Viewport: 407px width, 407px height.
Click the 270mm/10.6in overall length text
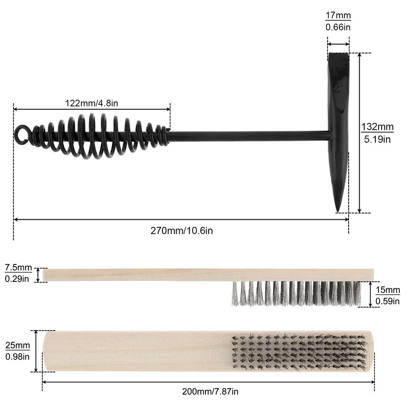point(182,230)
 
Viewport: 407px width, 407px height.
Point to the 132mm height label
point(377,127)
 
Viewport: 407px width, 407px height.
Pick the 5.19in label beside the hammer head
point(377,138)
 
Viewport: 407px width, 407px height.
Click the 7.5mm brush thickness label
point(18,268)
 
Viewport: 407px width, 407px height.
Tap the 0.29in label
point(18,279)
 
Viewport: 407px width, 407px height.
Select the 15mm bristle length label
point(388,290)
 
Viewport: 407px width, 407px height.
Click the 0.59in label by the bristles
point(388,301)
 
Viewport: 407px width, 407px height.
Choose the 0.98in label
point(17,357)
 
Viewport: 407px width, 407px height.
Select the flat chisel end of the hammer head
point(339,56)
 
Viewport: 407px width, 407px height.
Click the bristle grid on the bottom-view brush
point(298,352)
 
